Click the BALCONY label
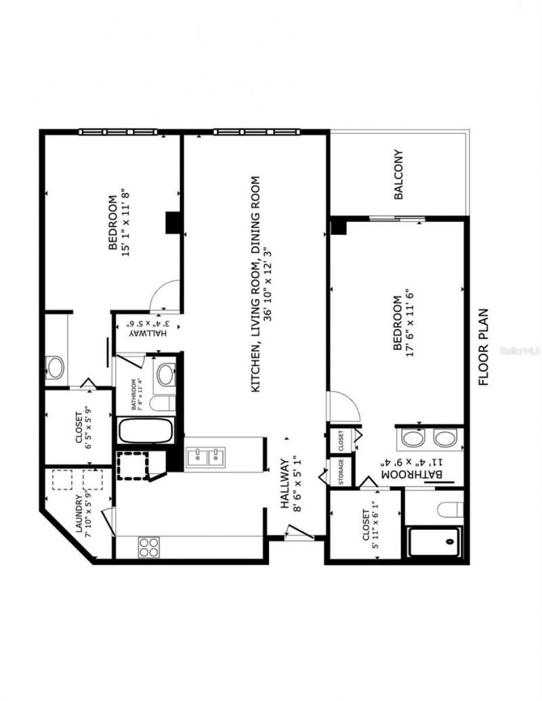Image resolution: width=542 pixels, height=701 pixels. point(399,175)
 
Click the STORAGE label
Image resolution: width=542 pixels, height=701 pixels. point(341,472)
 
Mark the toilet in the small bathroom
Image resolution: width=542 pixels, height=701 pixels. point(161,404)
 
